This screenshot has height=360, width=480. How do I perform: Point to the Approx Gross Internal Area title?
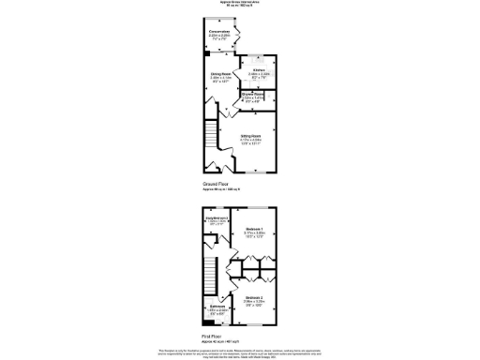[x=240, y=2]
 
